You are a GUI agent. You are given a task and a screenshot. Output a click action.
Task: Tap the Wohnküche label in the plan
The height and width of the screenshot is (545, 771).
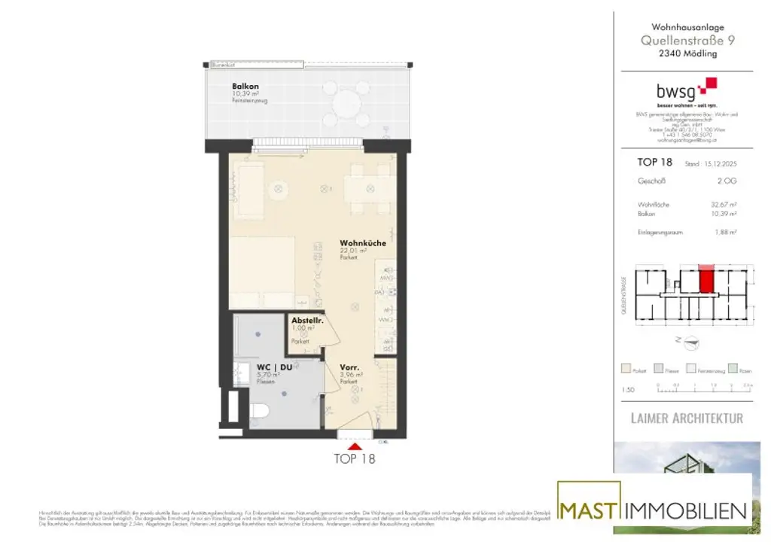pos(363,243)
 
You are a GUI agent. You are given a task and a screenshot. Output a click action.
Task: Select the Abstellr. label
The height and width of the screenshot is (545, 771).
pos(306,321)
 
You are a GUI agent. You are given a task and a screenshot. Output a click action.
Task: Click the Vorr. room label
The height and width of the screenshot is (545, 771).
pos(349,367)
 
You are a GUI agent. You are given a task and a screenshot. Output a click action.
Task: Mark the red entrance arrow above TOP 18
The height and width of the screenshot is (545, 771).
pos(354,446)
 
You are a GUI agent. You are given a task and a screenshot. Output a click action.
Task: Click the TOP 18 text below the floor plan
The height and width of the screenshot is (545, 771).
pos(354,458)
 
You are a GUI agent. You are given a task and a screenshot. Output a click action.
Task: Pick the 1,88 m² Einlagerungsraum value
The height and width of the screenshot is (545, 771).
pos(727,233)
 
